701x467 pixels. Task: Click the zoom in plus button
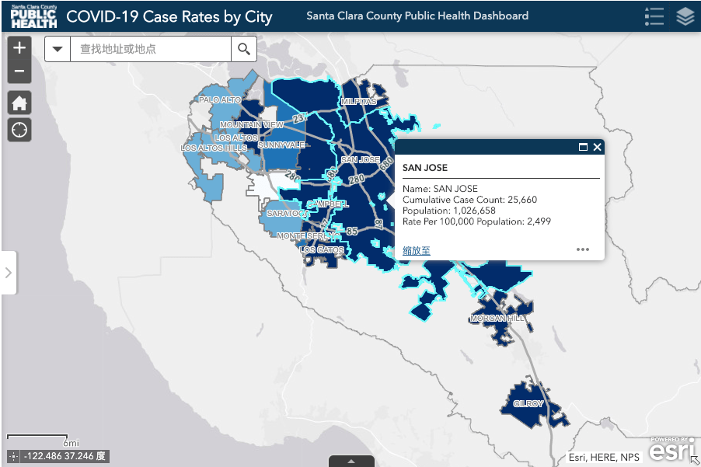[19, 48]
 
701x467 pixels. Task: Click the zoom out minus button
[19, 71]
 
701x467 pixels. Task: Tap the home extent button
[19, 103]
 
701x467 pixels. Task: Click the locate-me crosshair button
[19, 130]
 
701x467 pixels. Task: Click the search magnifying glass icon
[244, 49]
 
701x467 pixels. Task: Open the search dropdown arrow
[58, 49]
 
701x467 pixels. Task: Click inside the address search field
[151, 49]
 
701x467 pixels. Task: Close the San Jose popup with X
[597, 147]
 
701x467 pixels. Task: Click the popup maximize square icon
[583, 147]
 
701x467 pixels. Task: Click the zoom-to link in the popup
[417, 250]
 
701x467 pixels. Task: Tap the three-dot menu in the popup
[583, 249]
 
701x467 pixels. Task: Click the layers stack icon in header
[685, 16]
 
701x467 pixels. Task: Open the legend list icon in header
[654, 16]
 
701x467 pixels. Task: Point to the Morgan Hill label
[497, 319]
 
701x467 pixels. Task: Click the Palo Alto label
[220, 100]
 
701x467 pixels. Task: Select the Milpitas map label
[358, 102]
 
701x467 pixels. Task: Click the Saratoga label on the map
[287, 213]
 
